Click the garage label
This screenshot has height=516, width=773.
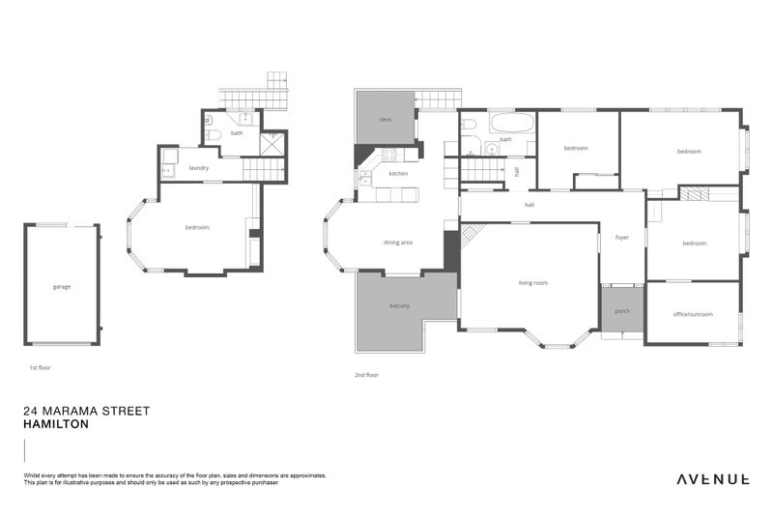62,286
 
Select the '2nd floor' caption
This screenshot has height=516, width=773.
367,374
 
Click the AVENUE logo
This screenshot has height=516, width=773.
713,478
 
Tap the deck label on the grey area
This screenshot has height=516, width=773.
385,120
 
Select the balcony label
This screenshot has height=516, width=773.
400,306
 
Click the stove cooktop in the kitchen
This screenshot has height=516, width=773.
387,154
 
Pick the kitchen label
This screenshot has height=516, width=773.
398,173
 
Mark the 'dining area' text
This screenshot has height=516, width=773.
398,242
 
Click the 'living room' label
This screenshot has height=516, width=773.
532,282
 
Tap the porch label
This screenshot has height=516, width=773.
621,311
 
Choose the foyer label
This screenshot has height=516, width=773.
621,237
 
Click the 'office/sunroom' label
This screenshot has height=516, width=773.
693,313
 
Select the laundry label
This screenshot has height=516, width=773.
199,167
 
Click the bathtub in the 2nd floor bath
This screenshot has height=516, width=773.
511,124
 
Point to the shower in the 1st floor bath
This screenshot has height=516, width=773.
273,143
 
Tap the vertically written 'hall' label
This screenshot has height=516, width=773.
517,171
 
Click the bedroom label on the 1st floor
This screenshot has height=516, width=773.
197,227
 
